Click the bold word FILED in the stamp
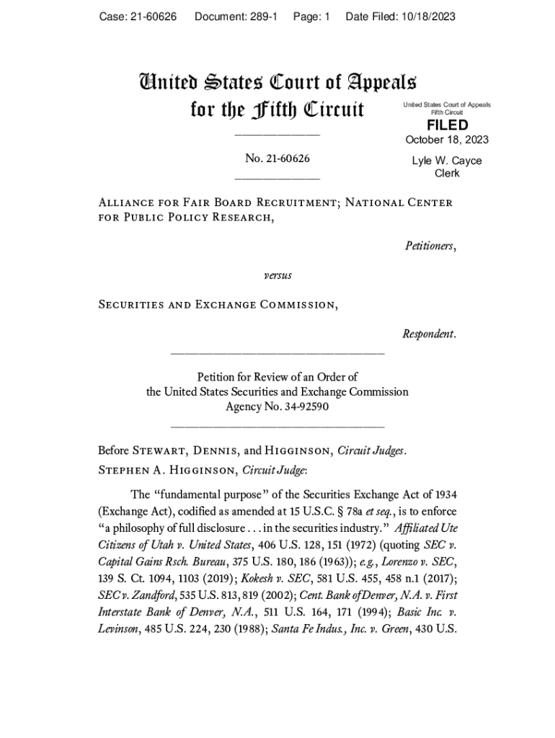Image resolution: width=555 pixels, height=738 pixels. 447,125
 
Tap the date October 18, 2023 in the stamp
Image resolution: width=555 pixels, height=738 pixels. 447,140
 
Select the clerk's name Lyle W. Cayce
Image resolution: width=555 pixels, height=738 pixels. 447,161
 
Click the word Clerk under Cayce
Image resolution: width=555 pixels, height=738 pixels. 447,174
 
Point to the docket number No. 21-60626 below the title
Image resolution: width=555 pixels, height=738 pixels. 277,159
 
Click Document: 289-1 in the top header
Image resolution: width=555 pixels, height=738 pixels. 236,17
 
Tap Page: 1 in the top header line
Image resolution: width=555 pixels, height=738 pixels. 311,17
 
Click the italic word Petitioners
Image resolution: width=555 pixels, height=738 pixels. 430,246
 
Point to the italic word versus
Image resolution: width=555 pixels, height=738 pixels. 277,275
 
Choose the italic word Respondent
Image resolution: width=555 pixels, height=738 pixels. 429,334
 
